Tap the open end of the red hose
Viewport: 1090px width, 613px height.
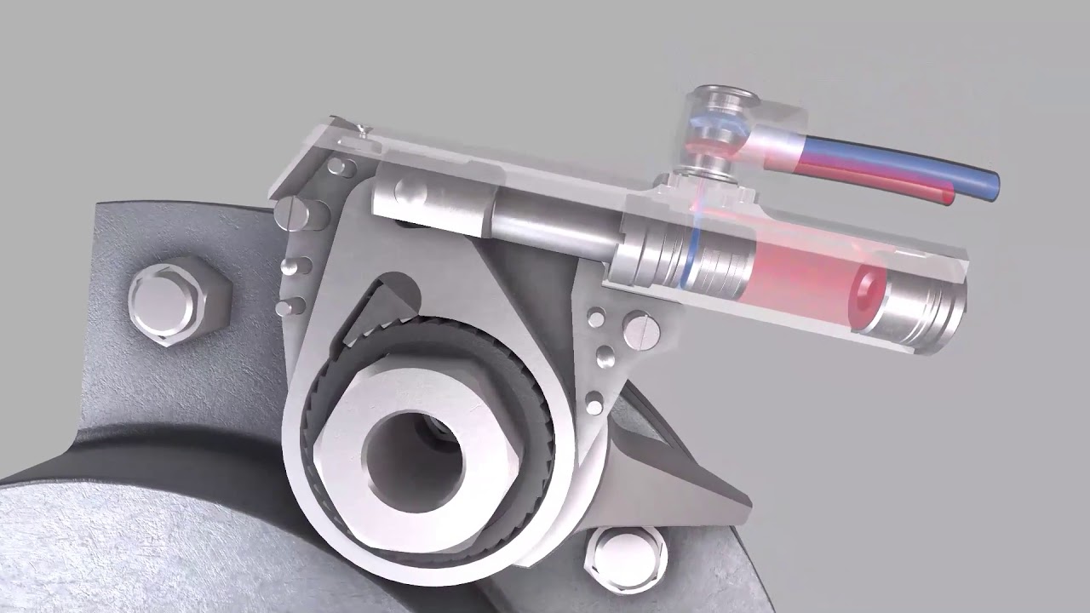pyautogui.click(x=948, y=197)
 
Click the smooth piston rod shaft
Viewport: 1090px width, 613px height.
pyautogui.click(x=554, y=226)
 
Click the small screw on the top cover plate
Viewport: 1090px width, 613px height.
pyautogui.click(x=364, y=129)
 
